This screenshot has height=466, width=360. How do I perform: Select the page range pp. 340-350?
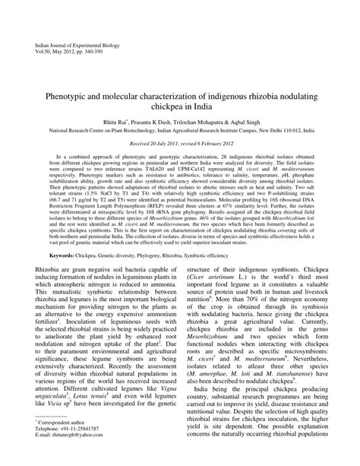click(x=104, y=52)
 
